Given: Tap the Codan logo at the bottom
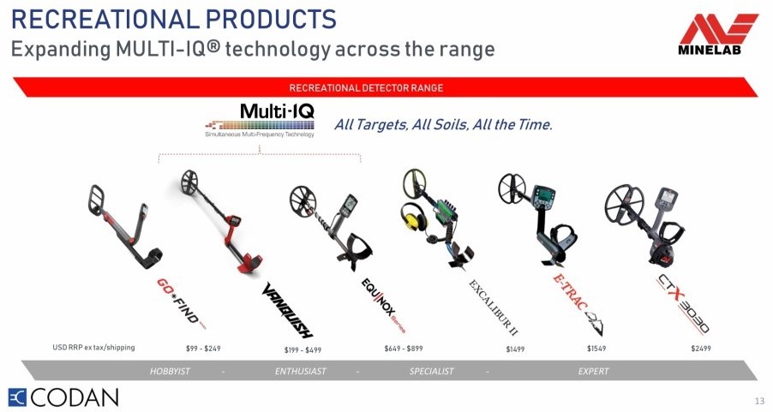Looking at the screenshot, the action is point(63,397).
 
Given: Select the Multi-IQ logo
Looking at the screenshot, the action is point(260,119).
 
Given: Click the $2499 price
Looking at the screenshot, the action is point(700,349).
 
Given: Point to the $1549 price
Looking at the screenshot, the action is point(596,349).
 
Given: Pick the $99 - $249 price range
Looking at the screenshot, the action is point(203,349).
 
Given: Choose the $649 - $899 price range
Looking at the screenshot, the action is point(404,349).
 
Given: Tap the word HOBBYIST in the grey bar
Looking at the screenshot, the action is point(170,371).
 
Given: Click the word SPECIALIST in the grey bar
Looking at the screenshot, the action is point(431,371).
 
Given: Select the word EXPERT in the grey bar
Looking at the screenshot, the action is point(594,371).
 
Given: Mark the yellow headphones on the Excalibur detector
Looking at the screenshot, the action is point(414,217).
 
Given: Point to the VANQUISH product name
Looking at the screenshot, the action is point(287,310).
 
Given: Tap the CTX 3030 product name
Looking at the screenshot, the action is point(682,303).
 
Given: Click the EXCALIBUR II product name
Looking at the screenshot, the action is point(493,307).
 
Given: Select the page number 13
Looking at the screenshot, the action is point(758,401).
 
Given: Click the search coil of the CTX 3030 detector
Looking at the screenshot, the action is point(625,205).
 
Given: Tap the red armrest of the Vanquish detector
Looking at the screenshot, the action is point(249,262).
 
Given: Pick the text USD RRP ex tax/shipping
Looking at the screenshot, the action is point(93,348).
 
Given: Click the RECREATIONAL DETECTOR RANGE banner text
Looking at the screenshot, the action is point(366,88).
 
